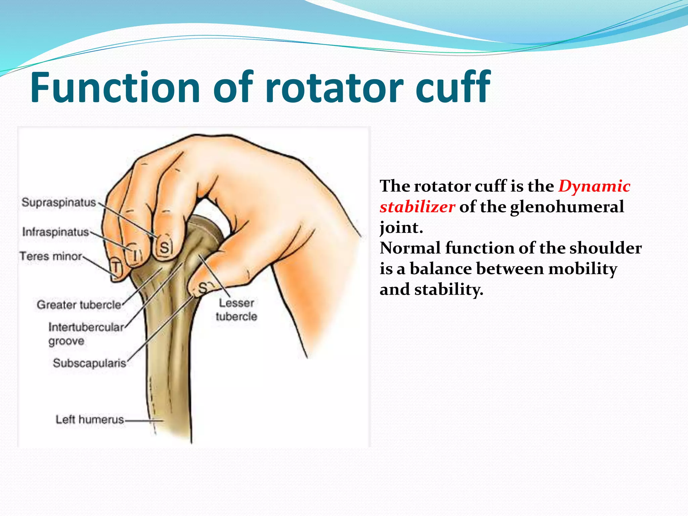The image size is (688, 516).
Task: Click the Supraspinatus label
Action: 59,203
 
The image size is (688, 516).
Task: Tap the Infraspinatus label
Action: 55,232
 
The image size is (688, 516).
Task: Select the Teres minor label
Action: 51,256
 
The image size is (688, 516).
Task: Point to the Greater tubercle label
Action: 79,305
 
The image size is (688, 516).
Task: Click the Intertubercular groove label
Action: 86,334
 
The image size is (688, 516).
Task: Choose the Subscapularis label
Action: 89,363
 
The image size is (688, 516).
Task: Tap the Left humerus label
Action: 90,420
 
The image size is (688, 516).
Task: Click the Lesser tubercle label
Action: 236,309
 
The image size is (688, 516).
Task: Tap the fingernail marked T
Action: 115,268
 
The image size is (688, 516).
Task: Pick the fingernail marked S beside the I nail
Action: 165,248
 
